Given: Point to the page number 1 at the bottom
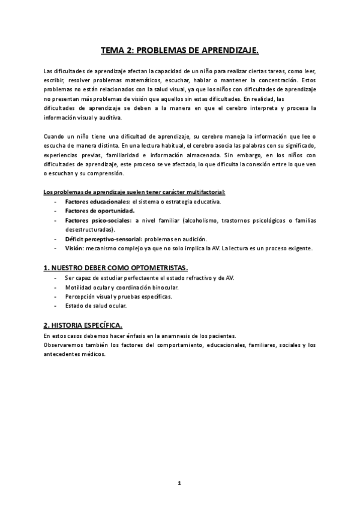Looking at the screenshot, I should click(179, 483).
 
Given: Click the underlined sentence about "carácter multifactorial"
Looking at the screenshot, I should click(134, 192).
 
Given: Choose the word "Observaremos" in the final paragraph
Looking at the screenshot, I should click(64, 345).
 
